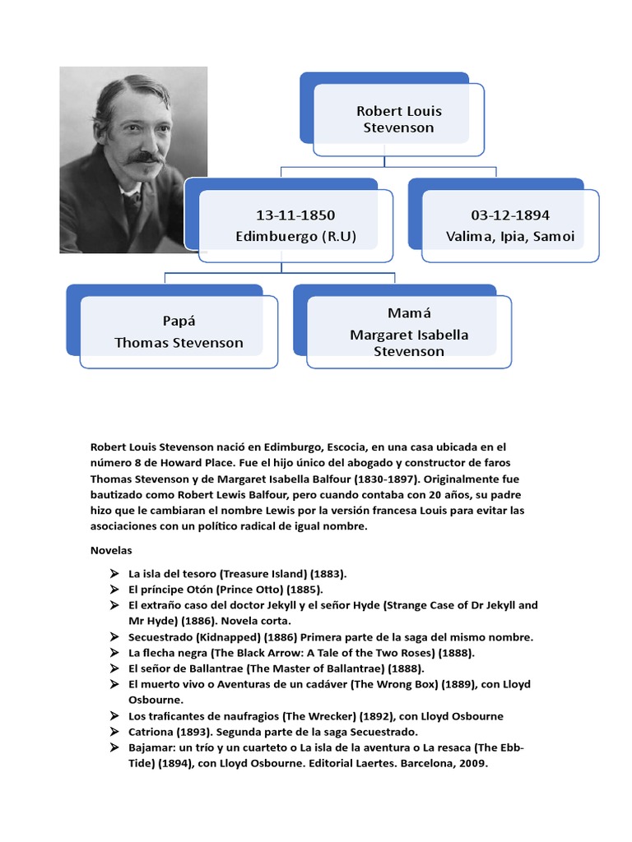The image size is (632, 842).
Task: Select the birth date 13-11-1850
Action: pyautogui.click(x=295, y=215)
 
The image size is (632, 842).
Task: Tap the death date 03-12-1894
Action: pyautogui.click(x=510, y=215)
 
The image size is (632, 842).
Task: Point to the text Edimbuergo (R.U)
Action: pyautogui.click(x=295, y=237)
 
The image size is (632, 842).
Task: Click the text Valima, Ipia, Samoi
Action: pyautogui.click(x=510, y=237)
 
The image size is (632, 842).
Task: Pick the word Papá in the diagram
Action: pyautogui.click(x=179, y=321)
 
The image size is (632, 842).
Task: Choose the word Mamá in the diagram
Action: pyautogui.click(x=409, y=313)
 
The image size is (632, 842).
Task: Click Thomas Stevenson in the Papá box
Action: pyautogui.click(x=179, y=343)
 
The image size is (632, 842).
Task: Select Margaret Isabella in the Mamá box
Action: pyautogui.click(x=409, y=335)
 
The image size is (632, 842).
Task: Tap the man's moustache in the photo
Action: pyautogui.click(x=146, y=156)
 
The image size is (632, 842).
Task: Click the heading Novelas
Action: pyautogui.click(x=111, y=549)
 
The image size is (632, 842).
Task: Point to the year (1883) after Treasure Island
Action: pyautogui.click(x=327, y=574)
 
